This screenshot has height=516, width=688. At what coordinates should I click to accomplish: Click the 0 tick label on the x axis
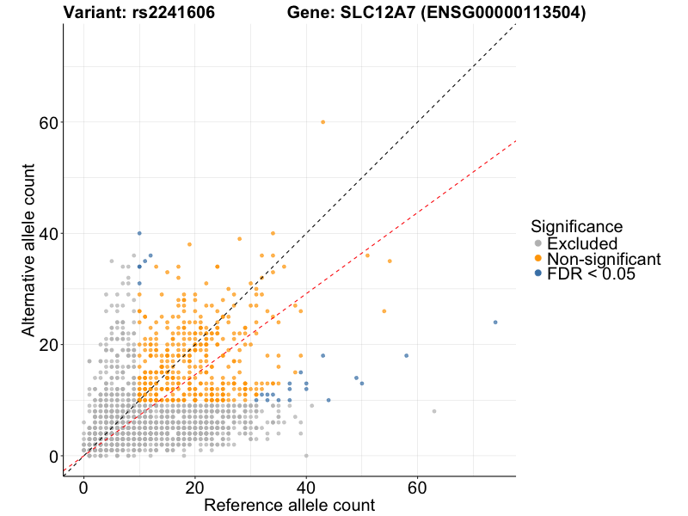tap(83, 487)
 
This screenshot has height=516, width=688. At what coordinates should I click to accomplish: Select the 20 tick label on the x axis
tap(194, 487)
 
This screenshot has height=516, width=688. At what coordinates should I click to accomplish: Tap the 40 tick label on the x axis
tap(305, 487)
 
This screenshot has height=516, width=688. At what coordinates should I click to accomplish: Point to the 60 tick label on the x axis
tap(416, 487)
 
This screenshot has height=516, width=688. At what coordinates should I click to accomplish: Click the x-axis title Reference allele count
tap(289, 505)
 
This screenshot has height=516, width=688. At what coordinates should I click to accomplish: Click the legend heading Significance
tap(576, 226)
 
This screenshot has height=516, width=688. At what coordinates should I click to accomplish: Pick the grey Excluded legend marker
tap(538, 243)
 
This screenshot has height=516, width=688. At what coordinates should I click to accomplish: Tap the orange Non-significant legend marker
tap(538, 258)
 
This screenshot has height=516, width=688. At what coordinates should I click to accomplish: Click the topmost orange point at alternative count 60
tap(322, 122)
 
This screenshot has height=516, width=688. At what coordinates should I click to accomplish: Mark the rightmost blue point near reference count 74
tap(495, 322)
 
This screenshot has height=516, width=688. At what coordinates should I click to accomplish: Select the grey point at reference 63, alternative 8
tap(434, 411)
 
